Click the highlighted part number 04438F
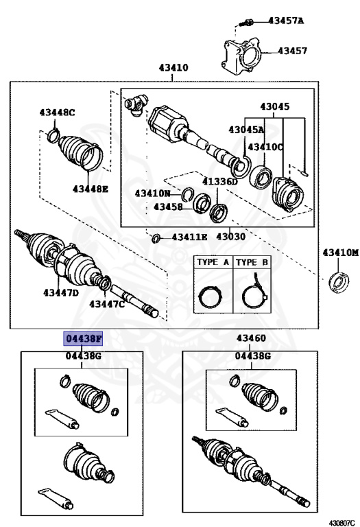[82, 338]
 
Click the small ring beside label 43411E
[156, 238]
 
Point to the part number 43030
[231, 237]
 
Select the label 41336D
[219, 182]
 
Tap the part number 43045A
[246, 129]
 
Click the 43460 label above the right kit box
[251, 338]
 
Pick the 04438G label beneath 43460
[252, 356]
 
